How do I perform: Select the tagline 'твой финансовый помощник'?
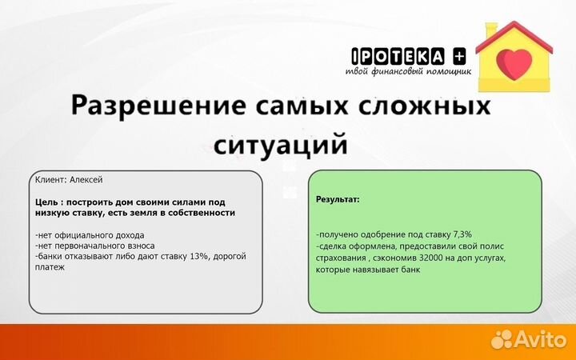click(408, 71)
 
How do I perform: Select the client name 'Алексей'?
click(86, 180)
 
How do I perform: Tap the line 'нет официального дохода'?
click(90, 235)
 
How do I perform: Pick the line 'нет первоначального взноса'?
click(95, 246)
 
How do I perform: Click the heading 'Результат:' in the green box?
click(338, 197)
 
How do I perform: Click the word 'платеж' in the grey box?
click(50, 268)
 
